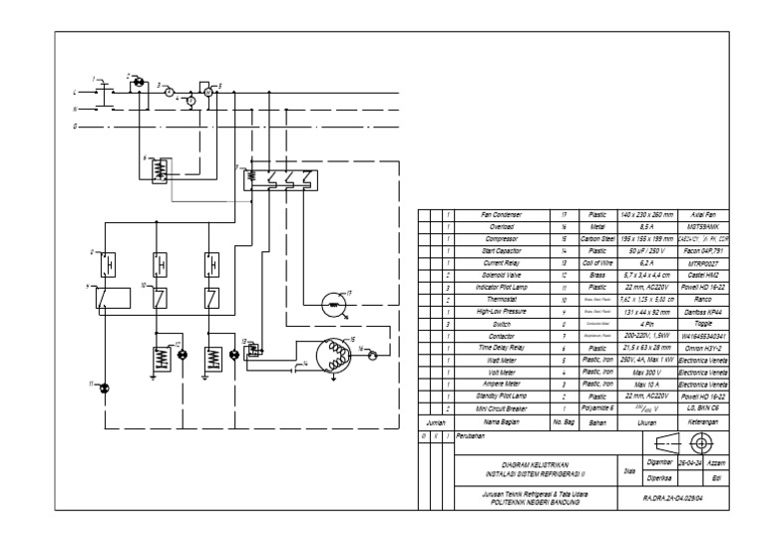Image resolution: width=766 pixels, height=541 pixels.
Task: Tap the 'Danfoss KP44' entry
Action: [705, 312]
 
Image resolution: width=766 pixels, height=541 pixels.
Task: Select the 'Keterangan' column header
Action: [705, 422]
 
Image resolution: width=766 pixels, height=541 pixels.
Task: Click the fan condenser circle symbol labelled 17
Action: [327, 305]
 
